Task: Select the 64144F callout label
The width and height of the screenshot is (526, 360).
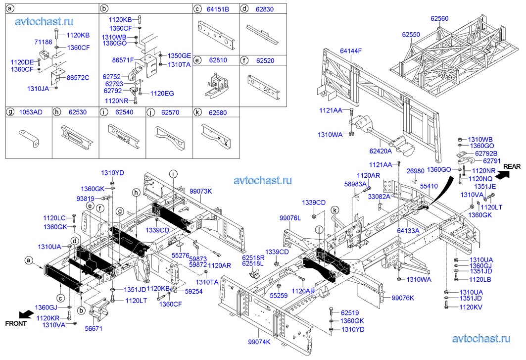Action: pos(351,51)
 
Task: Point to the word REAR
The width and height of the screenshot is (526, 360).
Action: pos(512,166)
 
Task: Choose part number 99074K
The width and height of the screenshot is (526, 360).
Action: pos(259,342)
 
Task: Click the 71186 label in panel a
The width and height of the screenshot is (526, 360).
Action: pos(43,42)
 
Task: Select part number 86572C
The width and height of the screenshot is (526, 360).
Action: pos(78,78)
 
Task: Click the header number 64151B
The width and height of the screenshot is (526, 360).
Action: pos(218,9)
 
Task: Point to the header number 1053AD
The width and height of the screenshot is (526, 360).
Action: pos(31,112)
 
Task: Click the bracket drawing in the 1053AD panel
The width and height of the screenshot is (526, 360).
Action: pos(29,137)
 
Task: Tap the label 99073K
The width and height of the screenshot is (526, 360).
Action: pos(200,191)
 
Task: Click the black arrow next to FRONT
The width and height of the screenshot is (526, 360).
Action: pos(27,314)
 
